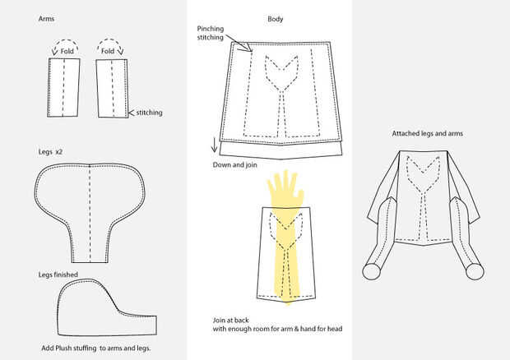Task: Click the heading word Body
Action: click(x=276, y=18)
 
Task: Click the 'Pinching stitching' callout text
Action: click(x=212, y=33)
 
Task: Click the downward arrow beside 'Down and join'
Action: click(x=216, y=146)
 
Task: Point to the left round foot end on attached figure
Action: click(x=372, y=268)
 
